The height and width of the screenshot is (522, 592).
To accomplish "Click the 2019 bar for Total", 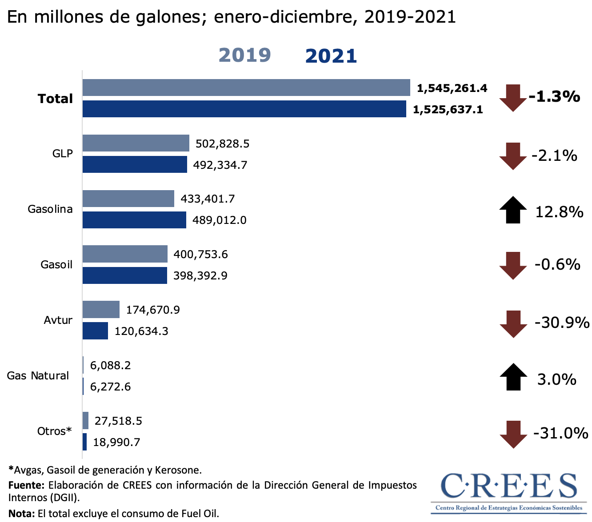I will (x=246, y=88).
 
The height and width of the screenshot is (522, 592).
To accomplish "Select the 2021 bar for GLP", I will (x=135, y=164).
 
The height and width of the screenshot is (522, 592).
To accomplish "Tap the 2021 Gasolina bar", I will (x=134, y=220).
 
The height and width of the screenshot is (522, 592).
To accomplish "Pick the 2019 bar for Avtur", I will (x=101, y=309).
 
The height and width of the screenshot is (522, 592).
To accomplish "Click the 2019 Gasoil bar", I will (x=125, y=254).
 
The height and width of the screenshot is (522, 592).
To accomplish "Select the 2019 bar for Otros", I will (x=85, y=420).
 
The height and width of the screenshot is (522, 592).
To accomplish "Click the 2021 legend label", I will (x=331, y=56).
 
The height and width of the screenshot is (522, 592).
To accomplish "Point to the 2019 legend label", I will (x=245, y=55).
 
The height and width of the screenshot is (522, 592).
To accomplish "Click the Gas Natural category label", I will (x=38, y=376).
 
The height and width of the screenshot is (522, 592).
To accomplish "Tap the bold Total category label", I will (x=55, y=99).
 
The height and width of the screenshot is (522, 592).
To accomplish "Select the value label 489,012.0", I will (x=219, y=220).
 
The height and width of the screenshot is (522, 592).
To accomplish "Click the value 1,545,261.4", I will (x=452, y=88).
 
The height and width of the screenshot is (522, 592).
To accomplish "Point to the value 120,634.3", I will (x=141, y=331).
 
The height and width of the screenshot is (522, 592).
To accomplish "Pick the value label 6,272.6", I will (x=110, y=387).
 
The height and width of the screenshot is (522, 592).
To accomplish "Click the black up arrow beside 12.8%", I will (x=513, y=210).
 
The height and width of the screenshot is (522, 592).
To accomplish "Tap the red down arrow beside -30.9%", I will (x=513, y=324).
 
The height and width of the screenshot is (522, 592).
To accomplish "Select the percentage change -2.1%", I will (x=554, y=155).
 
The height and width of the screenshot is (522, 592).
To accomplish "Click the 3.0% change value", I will (x=556, y=379).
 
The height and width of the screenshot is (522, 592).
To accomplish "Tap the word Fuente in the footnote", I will (x=26, y=485).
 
